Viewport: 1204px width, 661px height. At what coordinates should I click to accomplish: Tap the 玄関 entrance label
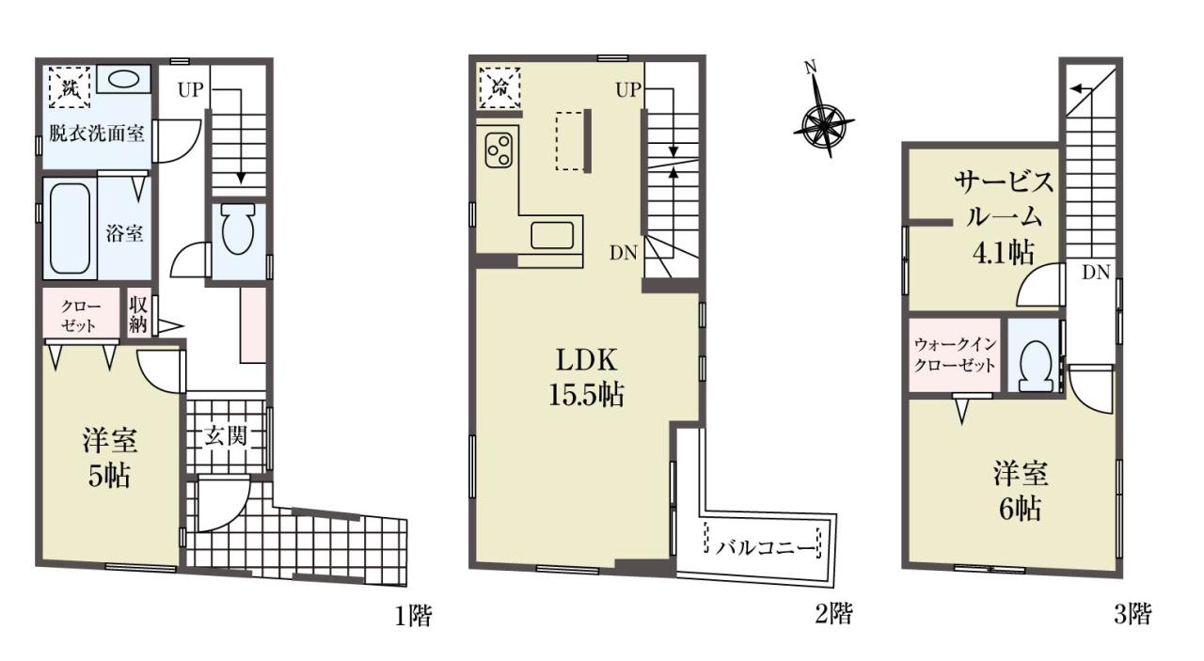(225, 436)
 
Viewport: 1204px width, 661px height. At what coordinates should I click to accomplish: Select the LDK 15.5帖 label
(586, 377)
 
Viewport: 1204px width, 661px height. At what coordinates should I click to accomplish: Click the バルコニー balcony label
(766, 549)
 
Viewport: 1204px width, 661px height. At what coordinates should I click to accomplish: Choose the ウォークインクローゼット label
(955, 354)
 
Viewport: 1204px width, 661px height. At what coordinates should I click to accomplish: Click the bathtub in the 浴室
(70, 228)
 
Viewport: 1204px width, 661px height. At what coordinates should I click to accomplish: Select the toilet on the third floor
(1036, 367)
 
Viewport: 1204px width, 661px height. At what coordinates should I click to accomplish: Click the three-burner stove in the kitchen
(499, 151)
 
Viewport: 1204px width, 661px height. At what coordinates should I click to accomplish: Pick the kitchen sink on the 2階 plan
(552, 235)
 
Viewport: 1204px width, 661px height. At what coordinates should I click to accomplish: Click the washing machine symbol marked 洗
(70, 87)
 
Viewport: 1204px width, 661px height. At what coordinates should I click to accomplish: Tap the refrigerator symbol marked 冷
(499, 87)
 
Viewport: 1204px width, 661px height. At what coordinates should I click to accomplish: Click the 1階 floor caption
(413, 616)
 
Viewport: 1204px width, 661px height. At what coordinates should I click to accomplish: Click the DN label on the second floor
(624, 253)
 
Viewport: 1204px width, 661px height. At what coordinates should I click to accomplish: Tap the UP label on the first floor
(191, 89)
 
